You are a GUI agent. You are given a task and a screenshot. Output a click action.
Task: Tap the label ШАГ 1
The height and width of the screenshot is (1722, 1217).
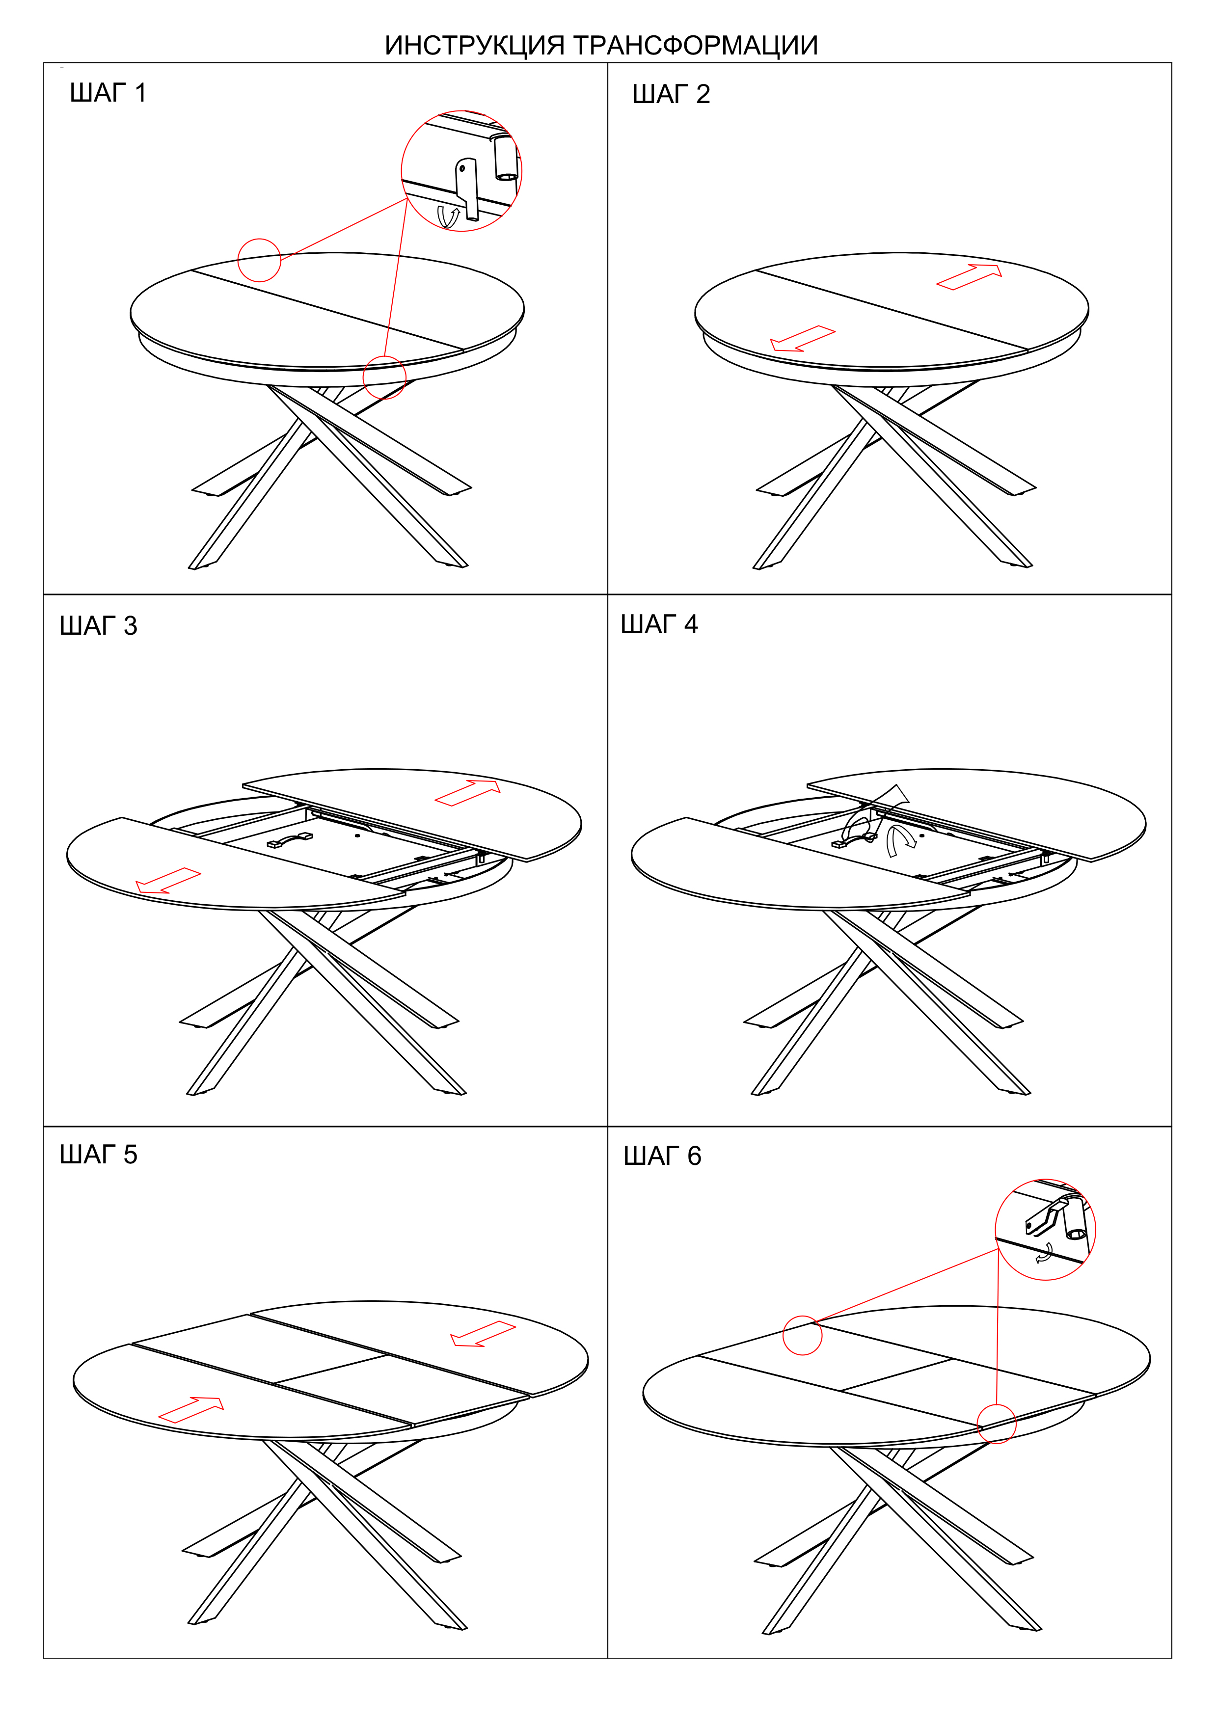click(x=108, y=93)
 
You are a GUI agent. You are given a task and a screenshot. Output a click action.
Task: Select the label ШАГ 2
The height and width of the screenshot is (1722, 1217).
click(x=671, y=95)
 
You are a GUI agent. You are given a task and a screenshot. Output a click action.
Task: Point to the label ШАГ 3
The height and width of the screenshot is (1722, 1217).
click(x=98, y=625)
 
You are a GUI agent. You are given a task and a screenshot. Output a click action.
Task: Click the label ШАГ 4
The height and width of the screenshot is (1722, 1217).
click(x=659, y=624)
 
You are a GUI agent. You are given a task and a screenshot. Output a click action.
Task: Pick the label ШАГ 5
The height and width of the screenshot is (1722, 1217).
click(x=98, y=1154)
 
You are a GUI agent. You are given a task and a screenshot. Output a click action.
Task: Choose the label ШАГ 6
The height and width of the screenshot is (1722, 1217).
click(x=662, y=1156)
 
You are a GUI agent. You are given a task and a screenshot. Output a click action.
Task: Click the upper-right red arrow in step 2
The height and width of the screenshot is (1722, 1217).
click(x=969, y=277)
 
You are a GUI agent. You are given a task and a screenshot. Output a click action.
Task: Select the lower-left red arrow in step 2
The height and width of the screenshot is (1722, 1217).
click(x=802, y=339)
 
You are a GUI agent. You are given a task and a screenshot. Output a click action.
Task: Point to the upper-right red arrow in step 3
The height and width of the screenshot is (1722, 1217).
click(x=467, y=793)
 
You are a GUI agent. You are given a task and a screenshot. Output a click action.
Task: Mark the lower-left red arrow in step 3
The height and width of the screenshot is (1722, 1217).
click(x=168, y=881)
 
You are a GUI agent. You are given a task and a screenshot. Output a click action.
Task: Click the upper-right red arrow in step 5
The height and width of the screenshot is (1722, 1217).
click(x=483, y=1334)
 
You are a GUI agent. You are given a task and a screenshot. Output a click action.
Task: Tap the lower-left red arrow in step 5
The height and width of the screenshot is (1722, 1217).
click(x=191, y=1410)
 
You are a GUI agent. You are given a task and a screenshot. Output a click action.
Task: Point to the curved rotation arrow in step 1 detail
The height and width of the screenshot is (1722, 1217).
click(x=448, y=217)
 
